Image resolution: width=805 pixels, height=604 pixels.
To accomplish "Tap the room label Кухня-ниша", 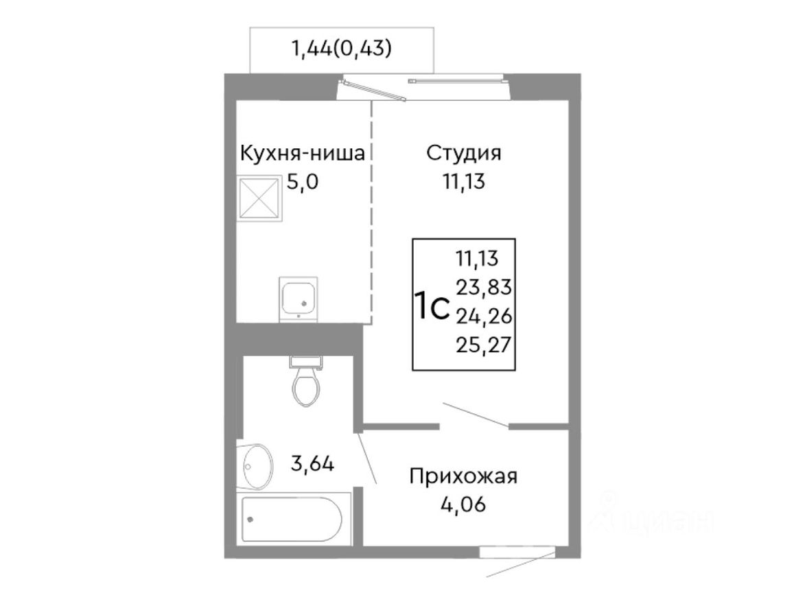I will [x=301, y=152].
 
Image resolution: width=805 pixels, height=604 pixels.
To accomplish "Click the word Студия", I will [x=464, y=152].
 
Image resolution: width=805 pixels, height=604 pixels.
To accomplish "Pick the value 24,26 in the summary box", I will [x=485, y=315].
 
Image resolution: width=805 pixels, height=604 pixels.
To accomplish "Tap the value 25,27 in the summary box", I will [x=485, y=343].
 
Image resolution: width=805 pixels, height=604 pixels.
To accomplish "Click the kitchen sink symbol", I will [x=298, y=298].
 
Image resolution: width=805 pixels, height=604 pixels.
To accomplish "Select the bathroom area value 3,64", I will [x=312, y=465].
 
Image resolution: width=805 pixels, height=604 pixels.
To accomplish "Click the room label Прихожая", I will [x=463, y=476].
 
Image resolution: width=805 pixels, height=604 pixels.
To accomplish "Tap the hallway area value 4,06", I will [x=463, y=506].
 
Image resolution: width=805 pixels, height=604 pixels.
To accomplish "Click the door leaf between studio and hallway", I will [x=476, y=415].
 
